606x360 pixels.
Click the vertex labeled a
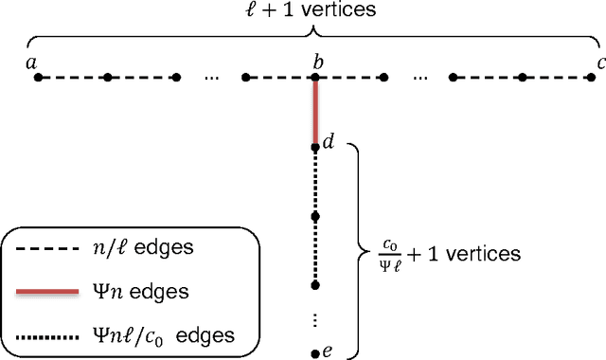click(x=38, y=77)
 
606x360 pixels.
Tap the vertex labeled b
click(x=315, y=77)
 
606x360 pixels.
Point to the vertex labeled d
click(x=315, y=147)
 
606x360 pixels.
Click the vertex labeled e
click(x=315, y=353)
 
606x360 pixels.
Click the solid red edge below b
click(x=315, y=112)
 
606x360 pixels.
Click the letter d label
click(x=328, y=143)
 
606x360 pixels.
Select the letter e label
click(x=327, y=351)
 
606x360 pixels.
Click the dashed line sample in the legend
click(x=48, y=248)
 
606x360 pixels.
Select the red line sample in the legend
click(x=48, y=292)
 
